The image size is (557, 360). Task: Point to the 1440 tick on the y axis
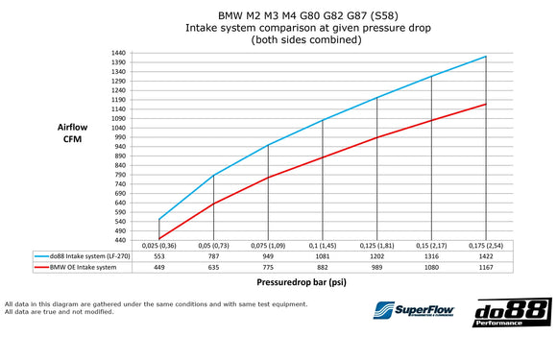118,53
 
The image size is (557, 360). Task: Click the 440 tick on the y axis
120,240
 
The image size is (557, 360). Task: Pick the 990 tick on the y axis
120,137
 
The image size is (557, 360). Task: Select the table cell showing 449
158,268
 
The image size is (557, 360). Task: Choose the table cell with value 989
377,268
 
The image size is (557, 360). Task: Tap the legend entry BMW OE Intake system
82,268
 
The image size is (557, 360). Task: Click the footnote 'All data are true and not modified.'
86,312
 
